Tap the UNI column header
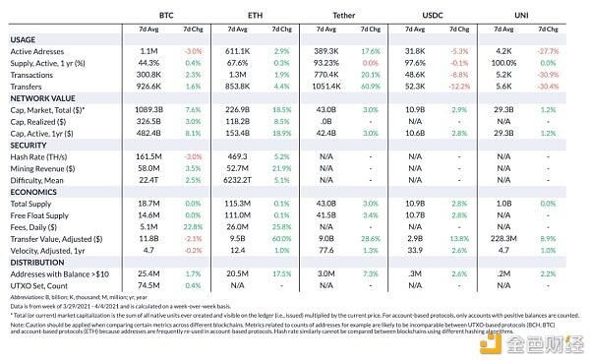pos(522,17)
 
